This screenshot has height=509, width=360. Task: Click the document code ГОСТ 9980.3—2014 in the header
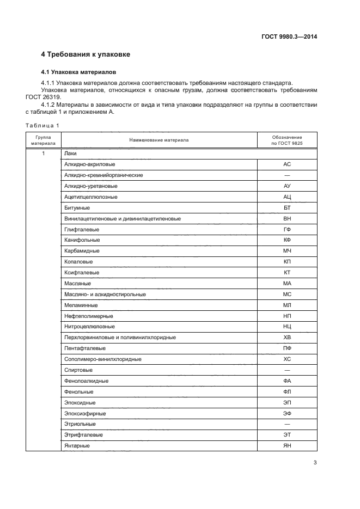(289, 36)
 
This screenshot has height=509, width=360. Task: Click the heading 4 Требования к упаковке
(86, 54)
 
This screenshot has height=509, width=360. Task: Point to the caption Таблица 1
(42, 126)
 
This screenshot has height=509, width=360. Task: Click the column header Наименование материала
(159, 140)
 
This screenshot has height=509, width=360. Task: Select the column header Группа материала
(43, 140)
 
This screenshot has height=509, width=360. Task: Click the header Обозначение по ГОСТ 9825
(287, 140)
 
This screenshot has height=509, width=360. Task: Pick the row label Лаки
(70, 154)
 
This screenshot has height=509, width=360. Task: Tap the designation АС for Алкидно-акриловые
(287, 164)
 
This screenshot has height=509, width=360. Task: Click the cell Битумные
(77, 207)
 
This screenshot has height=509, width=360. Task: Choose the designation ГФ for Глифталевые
(287, 229)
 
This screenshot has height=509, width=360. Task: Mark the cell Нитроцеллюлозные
(89, 327)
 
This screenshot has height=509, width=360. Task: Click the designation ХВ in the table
(287, 338)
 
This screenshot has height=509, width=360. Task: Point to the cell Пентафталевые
(85, 348)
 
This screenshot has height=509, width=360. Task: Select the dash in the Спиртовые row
(287, 370)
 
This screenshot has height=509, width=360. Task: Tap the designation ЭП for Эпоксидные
(287, 403)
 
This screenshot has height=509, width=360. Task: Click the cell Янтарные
(77, 446)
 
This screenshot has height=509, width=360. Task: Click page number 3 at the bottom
(315, 463)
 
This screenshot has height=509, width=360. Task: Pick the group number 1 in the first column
(43, 154)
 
